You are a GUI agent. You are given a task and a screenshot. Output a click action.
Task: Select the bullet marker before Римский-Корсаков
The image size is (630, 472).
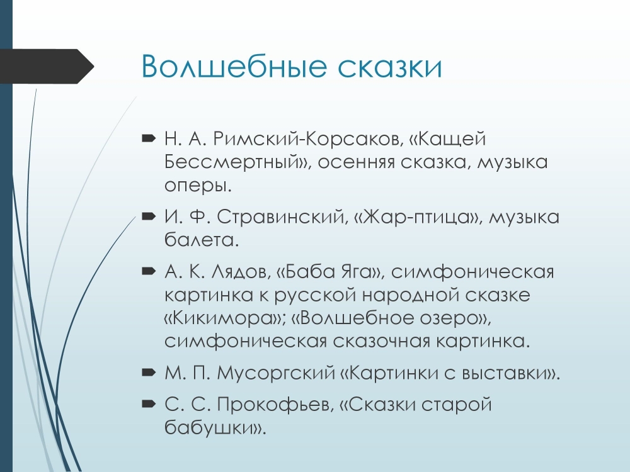149,139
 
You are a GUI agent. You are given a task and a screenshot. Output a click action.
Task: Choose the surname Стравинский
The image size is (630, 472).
281,216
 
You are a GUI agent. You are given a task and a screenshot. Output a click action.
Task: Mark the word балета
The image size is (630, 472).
199,240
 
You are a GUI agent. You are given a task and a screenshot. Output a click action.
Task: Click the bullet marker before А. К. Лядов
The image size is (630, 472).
149,272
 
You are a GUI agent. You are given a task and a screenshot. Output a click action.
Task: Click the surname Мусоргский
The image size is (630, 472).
276,373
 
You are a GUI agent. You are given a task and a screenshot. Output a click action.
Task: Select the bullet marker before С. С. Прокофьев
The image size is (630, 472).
149,404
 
